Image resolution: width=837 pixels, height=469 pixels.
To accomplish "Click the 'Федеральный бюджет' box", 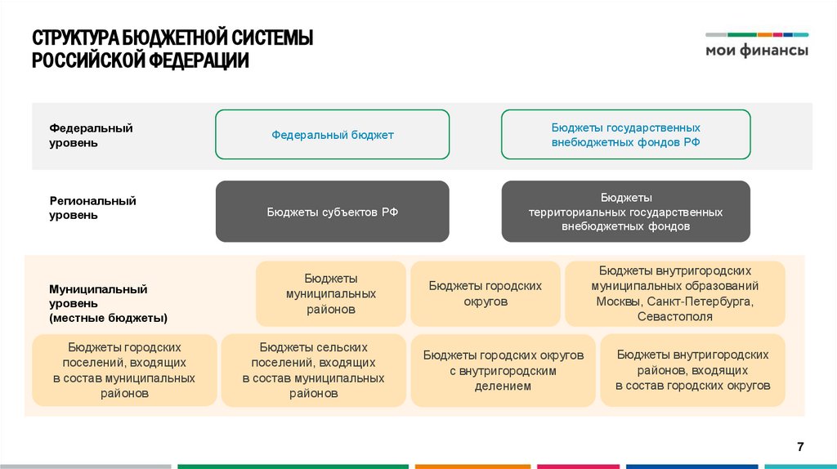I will click(332, 135).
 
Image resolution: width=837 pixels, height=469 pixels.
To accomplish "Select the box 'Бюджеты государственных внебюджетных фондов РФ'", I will click(625, 135).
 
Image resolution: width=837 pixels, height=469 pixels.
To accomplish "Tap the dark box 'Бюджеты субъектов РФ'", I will click(332, 212).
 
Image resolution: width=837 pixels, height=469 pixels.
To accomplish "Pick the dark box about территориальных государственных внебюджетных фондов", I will click(625, 212).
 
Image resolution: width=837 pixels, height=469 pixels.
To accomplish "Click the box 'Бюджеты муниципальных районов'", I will click(331, 294).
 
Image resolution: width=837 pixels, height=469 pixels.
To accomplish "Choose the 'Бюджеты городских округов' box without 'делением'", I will click(485, 294).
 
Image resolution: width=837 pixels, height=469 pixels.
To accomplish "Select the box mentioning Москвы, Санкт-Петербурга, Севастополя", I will click(674, 294).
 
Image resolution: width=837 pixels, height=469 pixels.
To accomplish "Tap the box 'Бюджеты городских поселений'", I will click(124, 370).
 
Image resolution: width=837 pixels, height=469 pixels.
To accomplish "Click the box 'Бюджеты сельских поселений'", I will click(313, 370).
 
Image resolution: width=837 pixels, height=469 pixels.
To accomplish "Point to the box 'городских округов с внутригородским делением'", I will click(503, 370).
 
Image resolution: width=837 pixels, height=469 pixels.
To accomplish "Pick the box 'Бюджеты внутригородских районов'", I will click(692, 370).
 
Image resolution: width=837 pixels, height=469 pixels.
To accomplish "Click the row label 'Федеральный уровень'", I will click(91, 136).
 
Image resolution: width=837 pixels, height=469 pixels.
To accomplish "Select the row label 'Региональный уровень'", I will click(92, 208).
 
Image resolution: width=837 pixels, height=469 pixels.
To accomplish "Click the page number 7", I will click(800, 446).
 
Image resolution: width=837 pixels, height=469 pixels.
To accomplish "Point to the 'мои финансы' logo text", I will click(757, 51).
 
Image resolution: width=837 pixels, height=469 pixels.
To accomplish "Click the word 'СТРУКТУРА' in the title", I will click(75, 38).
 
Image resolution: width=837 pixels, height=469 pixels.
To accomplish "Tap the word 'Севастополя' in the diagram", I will click(674, 316).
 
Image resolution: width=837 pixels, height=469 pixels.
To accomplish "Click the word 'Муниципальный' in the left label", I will click(98, 289).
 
